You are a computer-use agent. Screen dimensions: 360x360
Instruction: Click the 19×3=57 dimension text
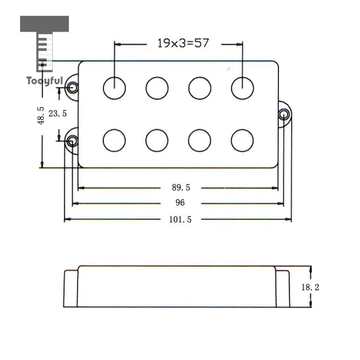coord(183,43)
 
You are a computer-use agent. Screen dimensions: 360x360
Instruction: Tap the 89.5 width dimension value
coord(181,188)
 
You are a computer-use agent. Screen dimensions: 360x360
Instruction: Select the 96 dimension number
coord(180,203)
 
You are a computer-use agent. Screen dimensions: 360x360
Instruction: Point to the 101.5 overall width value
coord(180,219)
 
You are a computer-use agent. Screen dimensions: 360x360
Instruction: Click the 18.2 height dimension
coord(310,287)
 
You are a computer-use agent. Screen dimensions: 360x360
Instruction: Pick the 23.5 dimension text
coord(58,114)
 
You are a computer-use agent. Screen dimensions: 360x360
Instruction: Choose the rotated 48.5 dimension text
coord(41,116)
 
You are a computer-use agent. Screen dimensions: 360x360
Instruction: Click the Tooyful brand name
coord(45,81)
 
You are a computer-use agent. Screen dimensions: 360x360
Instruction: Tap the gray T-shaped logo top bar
coord(44,24)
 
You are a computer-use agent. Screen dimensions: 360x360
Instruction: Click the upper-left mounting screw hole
coord(72,87)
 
